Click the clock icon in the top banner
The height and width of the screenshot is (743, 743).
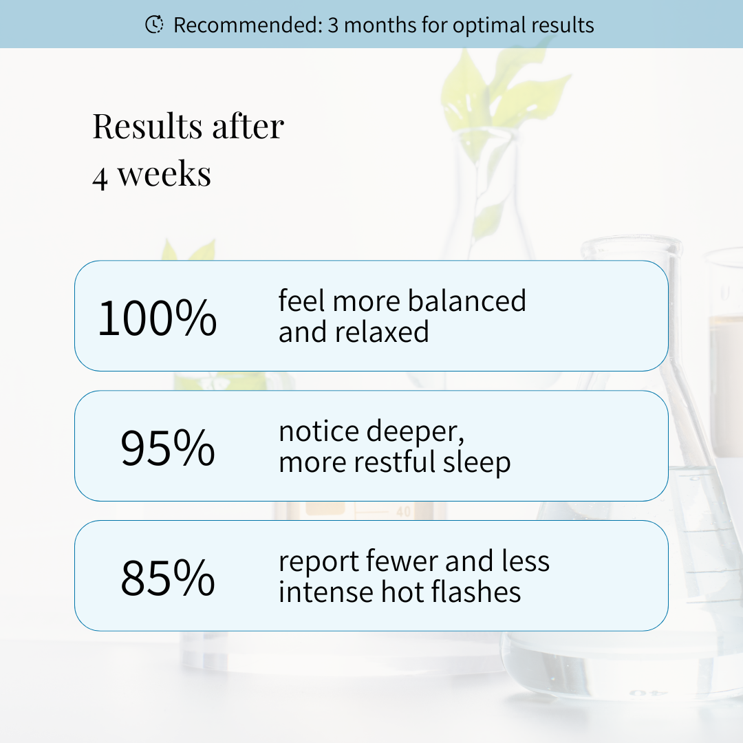click(154, 24)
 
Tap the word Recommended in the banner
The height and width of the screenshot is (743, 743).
click(248, 25)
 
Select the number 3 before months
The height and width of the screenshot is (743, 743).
click(333, 25)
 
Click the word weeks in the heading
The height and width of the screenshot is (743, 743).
click(164, 174)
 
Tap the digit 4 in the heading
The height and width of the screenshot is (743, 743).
click(100, 177)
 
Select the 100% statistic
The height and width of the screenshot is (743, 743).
click(158, 317)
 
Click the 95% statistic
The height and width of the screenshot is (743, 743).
click(168, 447)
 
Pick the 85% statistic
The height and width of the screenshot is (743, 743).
click(168, 577)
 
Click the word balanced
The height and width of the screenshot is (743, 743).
click(466, 301)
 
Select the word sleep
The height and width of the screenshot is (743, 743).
click(477, 464)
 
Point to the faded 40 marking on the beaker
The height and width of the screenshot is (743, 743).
click(403, 512)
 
